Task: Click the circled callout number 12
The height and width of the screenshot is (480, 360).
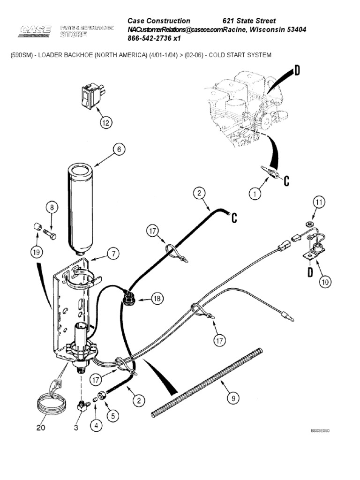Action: pyautogui.click(x=106, y=123)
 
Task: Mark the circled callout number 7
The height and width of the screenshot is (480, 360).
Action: pyautogui.click(x=112, y=254)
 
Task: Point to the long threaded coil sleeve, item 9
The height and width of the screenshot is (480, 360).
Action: pyautogui.click(x=206, y=382)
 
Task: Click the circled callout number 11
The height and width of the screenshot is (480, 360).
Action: pyautogui.click(x=319, y=202)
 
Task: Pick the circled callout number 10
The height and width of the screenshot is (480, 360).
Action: pyautogui.click(x=325, y=281)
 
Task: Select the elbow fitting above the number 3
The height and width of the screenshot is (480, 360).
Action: pyautogui.click(x=83, y=405)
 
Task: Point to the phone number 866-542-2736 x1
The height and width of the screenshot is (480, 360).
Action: pyautogui.click(x=154, y=39)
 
